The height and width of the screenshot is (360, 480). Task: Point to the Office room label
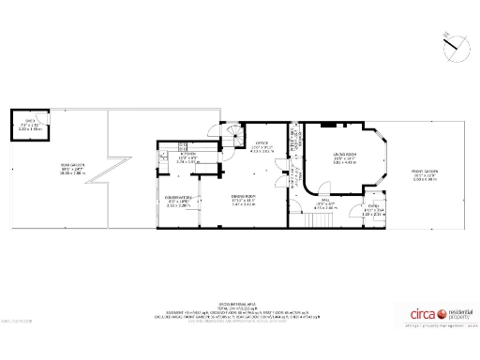tap(262, 144)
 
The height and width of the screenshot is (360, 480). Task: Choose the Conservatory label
tap(178, 197)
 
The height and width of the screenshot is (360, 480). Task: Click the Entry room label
tap(373, 209)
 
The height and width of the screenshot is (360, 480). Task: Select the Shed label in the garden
tap(30, 122)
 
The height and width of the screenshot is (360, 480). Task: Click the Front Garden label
tap(425, 172)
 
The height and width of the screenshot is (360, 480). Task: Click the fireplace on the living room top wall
tap(327, 124)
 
